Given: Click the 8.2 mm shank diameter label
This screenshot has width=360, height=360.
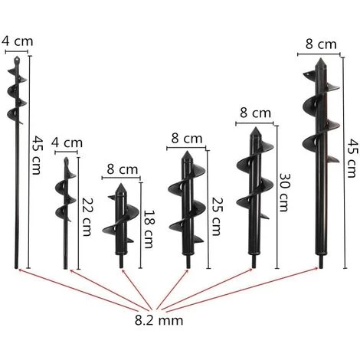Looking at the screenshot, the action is click(x=159, y=320).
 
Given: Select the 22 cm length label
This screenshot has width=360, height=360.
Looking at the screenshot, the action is click(x=87, y=217).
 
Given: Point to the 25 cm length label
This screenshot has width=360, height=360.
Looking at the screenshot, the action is click(x=217, y=216).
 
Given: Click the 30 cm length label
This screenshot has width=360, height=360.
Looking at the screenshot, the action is click(x=284, y=192).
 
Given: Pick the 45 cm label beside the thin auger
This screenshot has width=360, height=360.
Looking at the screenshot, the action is click(x=37, y=155).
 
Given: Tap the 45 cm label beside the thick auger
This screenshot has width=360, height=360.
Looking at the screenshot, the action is click(x=352, y=158).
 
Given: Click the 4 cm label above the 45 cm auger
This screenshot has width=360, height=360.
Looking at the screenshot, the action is click(x=18, y=41).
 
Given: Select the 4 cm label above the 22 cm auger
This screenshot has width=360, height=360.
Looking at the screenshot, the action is click(x=67, y=142).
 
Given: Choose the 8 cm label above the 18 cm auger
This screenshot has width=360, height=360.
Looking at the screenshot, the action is click(x=123, y=169).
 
